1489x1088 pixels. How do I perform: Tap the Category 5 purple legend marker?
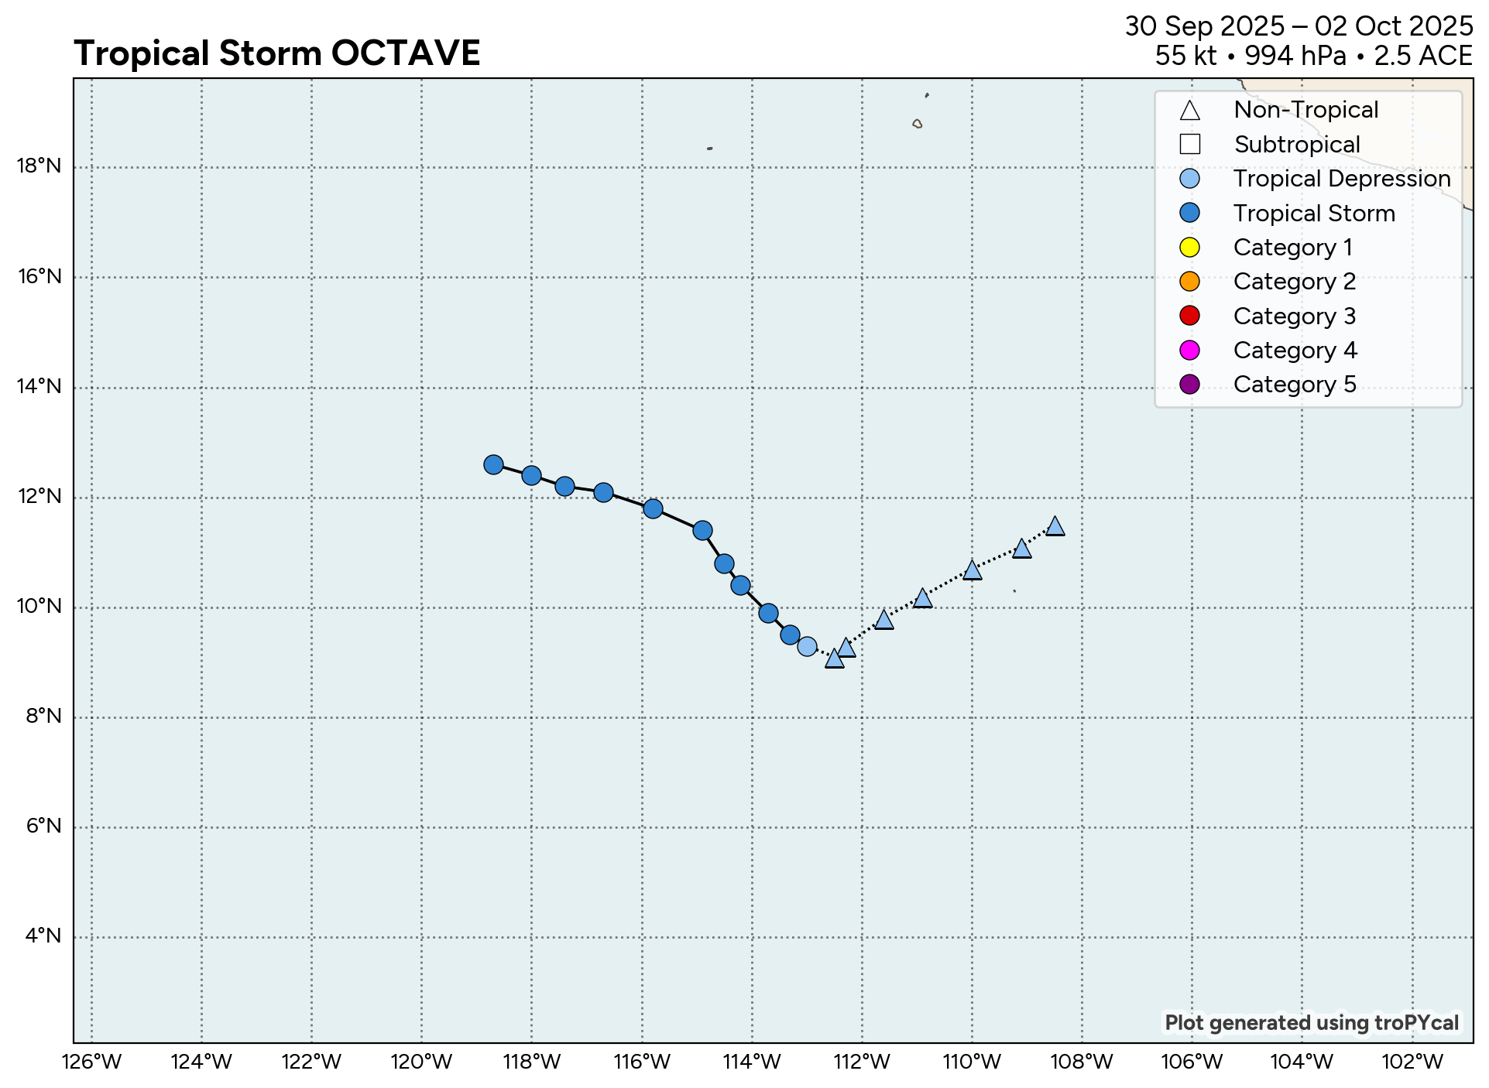pos(1189,385)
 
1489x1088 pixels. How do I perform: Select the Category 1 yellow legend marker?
pos(1189,248)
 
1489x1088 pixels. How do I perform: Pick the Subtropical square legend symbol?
pos(1189,145)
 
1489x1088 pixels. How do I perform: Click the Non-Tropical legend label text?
pos(1305,110)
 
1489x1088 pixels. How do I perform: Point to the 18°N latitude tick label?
pos(39,166)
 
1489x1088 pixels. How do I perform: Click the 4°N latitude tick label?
pos(43,936)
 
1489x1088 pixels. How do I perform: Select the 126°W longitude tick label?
pos(91,1062)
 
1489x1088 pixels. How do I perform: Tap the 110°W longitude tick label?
pos(972,1062)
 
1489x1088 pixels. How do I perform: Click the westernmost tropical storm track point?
pos(493,464)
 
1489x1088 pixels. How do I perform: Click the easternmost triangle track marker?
pos(1055,527)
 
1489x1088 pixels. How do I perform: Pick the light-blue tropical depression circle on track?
pos(807,646)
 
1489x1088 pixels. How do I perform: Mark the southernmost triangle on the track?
pos(834,659)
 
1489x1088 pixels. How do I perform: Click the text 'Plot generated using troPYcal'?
pos(1312,1023)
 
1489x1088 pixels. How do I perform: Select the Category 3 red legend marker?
pos(1189,316)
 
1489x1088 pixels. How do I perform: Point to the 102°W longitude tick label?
pos(1412,1062)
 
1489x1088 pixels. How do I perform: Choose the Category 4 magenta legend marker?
pos(1189,351)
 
